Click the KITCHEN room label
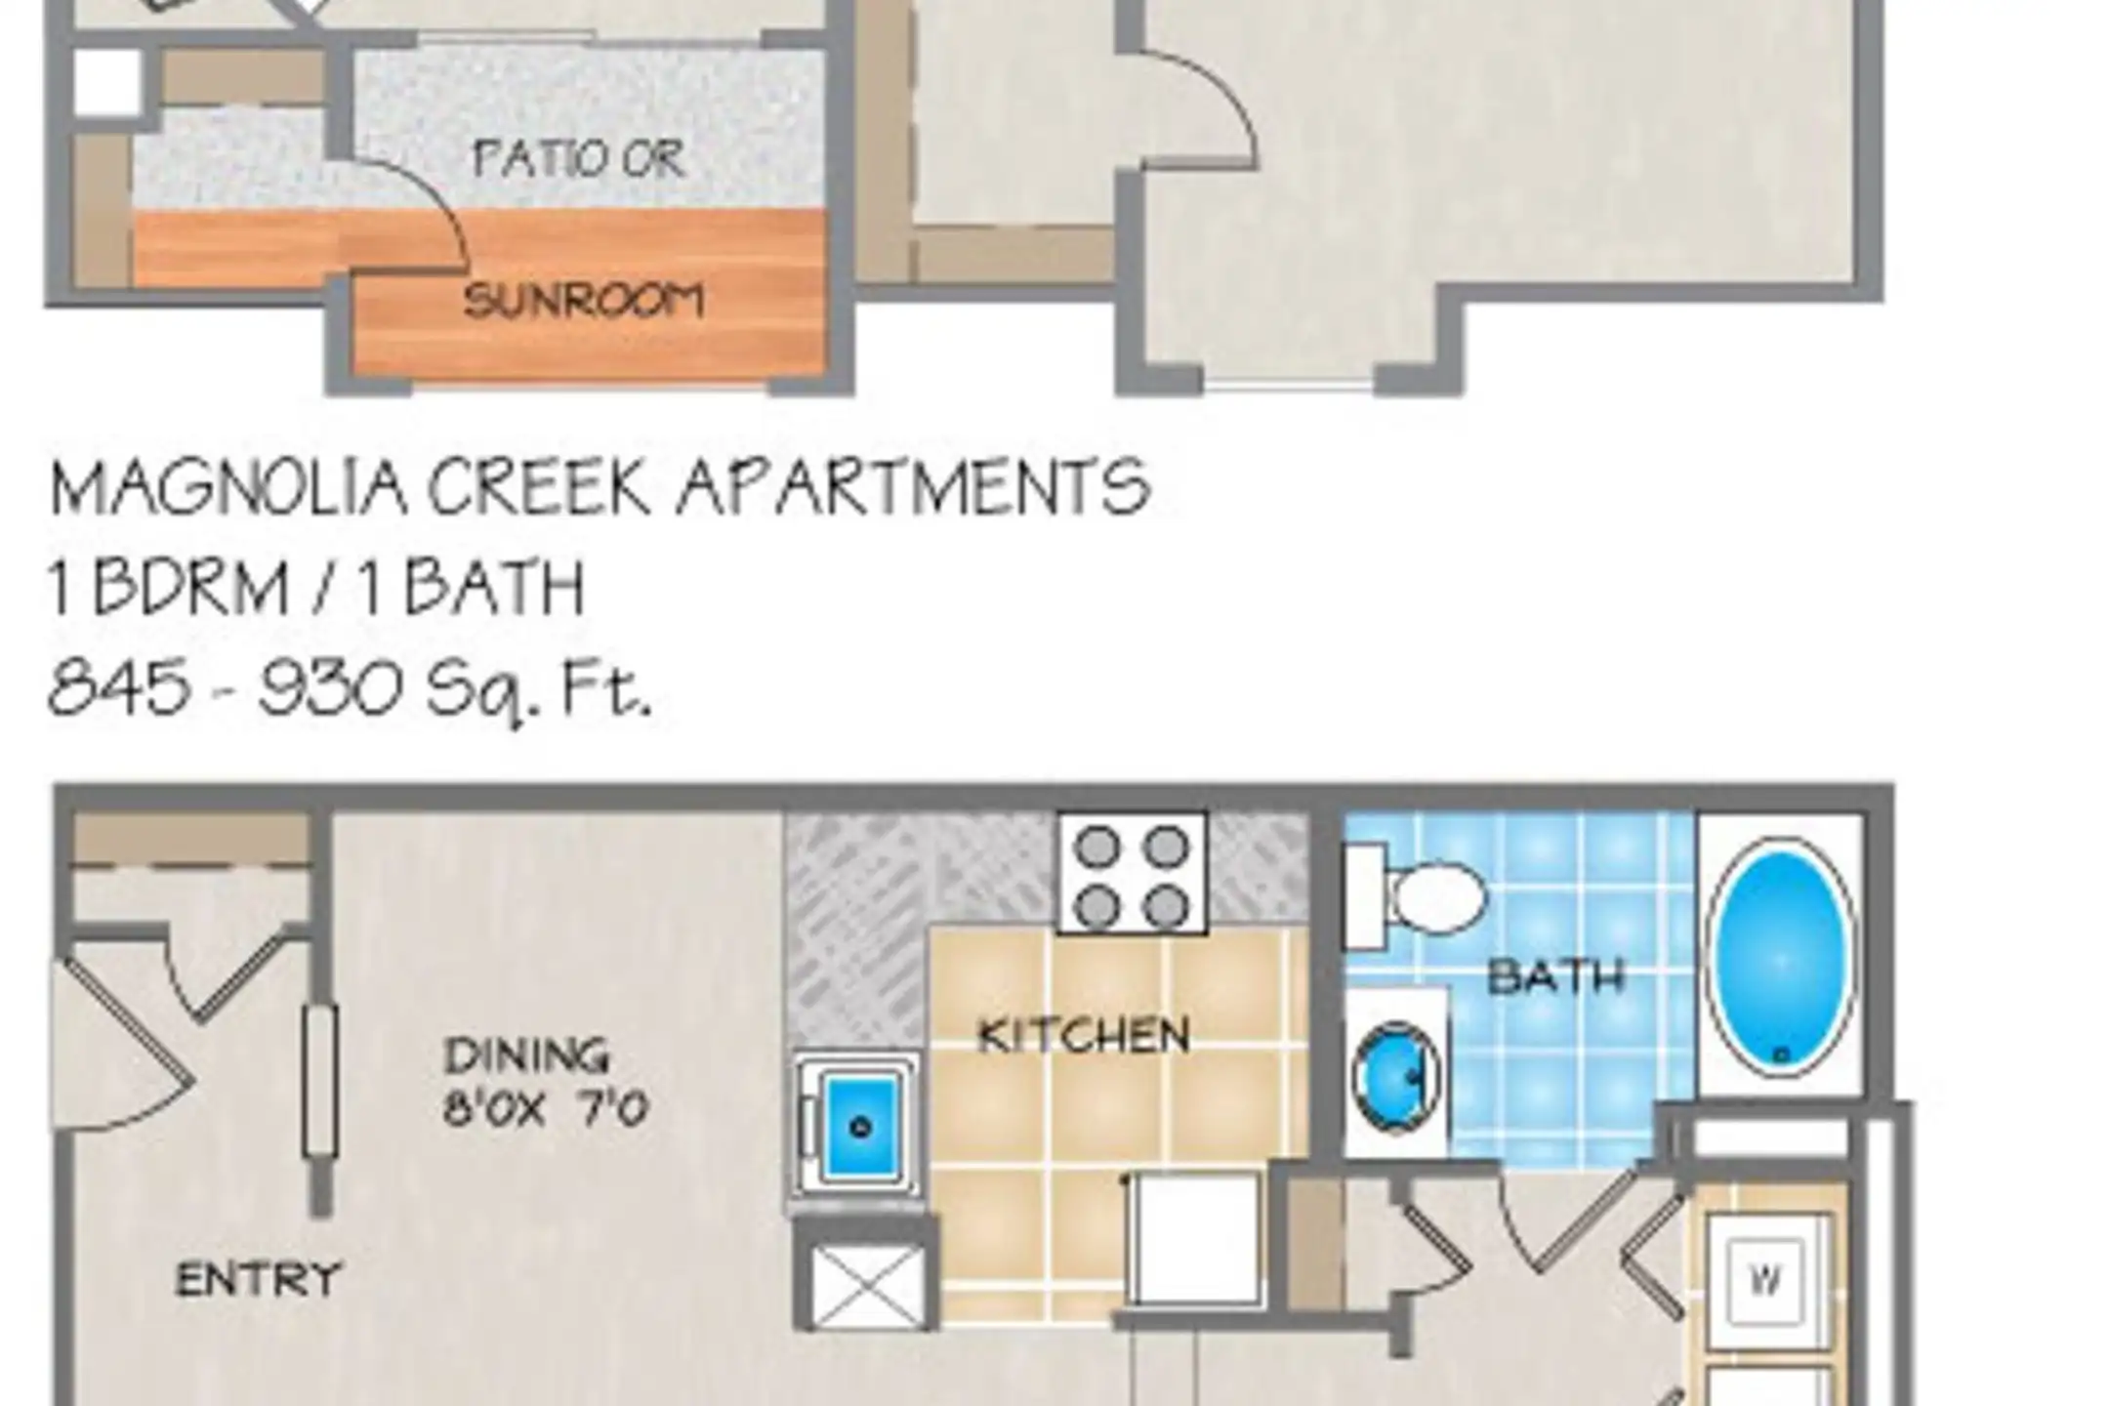(1084, 1036)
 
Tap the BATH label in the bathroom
(1556, 976)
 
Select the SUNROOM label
(584, 301)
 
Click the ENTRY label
(259, 1279)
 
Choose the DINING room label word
(526, 1055)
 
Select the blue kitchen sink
(860, 1124)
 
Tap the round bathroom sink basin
(1396, 1076)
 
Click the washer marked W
(1765, 1279)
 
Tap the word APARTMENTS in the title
(914, 488)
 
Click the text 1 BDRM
(167, 588)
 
